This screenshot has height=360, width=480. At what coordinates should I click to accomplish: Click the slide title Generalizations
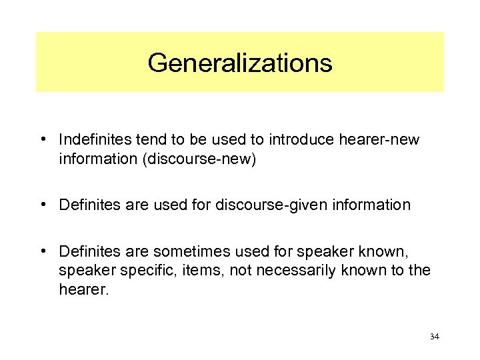click(239, 63)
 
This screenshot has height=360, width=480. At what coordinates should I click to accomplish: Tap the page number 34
click(434, 337)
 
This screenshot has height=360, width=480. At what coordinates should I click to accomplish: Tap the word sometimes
click(189, 251)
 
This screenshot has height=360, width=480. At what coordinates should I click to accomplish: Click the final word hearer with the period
click(83, 290)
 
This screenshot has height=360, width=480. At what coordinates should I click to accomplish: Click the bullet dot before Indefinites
click(42, 139)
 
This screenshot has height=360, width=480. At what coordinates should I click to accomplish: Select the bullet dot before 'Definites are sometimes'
click(42, 251)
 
